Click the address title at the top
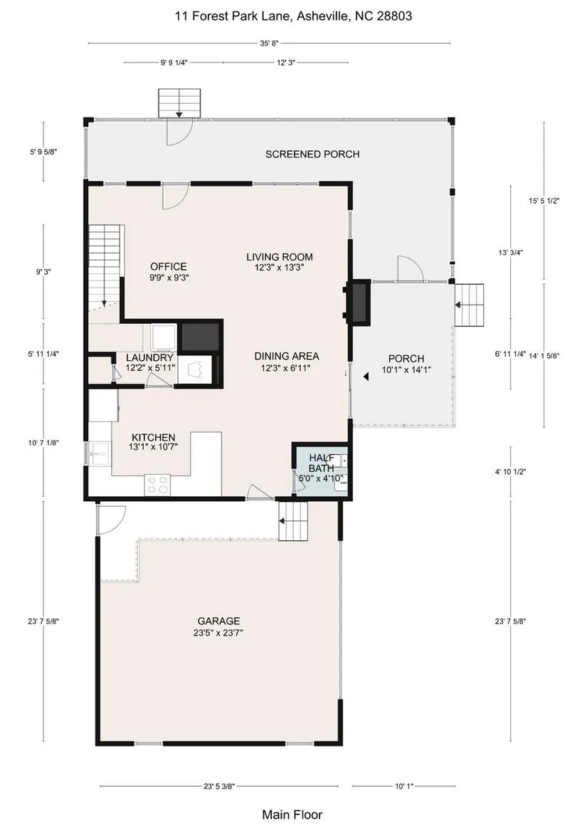(x=293, y=16)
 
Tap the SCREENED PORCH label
(x=312, y=154)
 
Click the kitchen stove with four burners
(x=157, y=485)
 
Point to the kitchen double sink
(x=100, y=453)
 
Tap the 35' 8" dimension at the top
(x=269, y=43)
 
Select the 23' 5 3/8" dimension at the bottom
(x=218, y=786)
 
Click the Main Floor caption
(x=292, y=814)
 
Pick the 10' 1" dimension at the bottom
(x=404, y=786)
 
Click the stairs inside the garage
(x=293, y=521)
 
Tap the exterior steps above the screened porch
(x=179, y=103)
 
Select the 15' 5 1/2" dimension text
(x=544, y=201)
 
